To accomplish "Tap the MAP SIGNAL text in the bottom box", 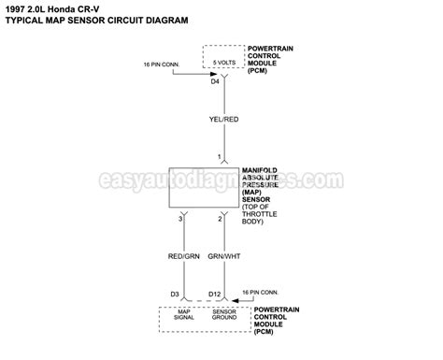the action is (183, 317).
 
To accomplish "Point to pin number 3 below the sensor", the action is (179, 218).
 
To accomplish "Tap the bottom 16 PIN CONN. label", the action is (264, 293).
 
